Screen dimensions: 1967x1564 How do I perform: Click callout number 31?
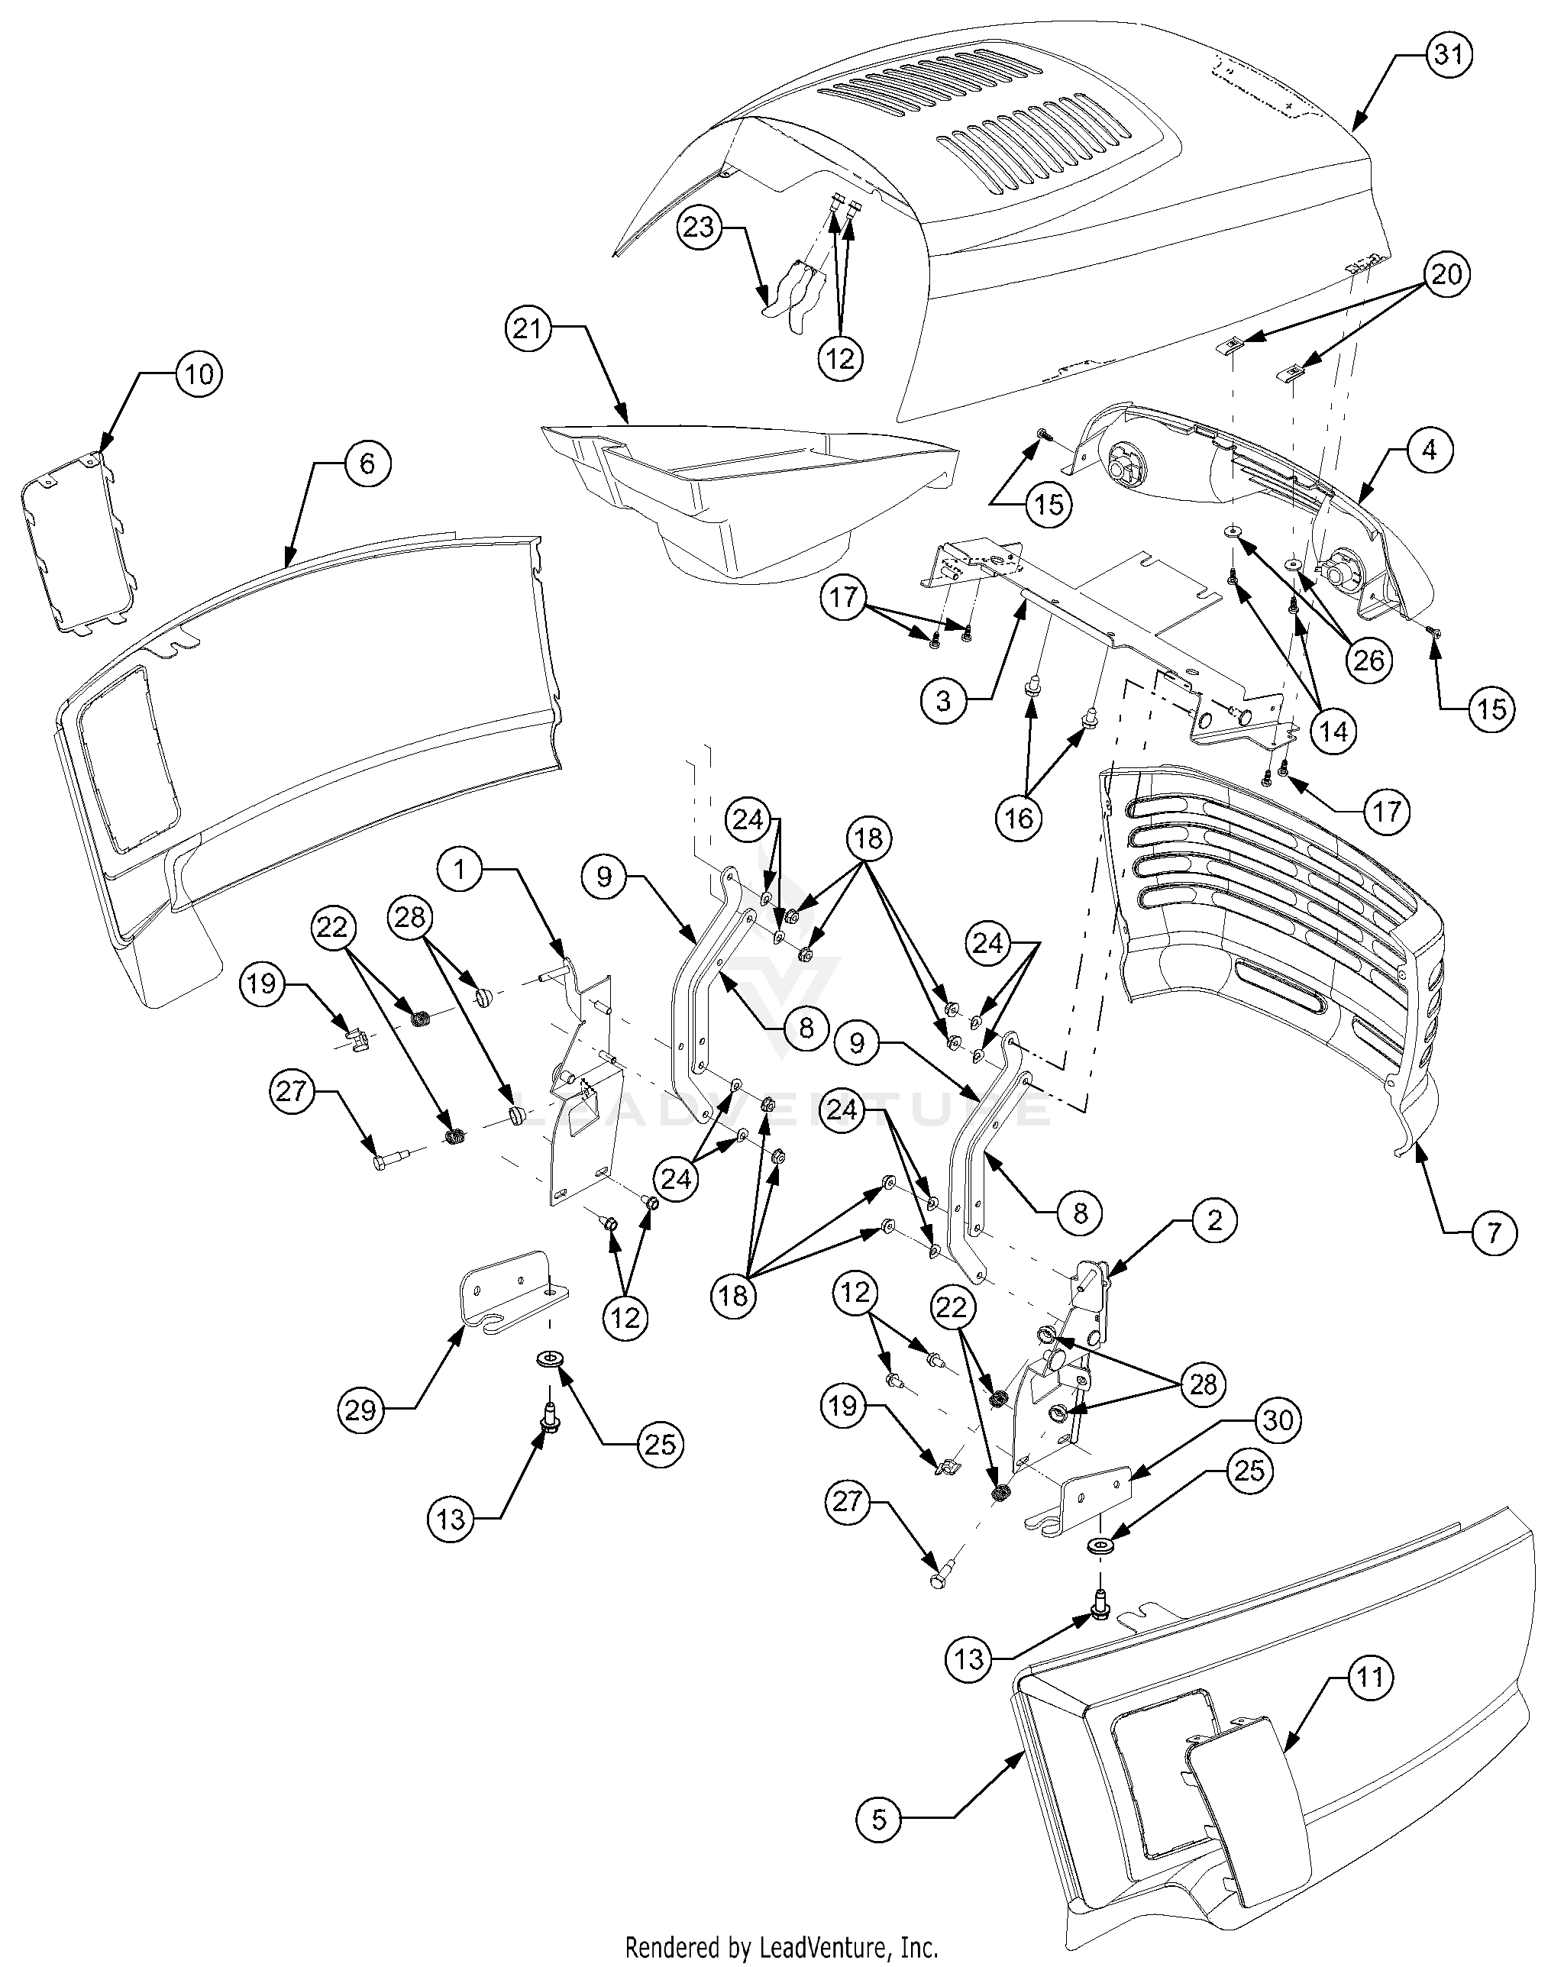pos(1448,55)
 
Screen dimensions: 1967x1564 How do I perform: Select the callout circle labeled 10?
pos(199,374)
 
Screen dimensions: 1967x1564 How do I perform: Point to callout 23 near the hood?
pos(699,228)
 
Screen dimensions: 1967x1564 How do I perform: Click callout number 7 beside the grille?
pos(1493,1232)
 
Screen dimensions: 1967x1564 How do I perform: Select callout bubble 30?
pos(1278,1420)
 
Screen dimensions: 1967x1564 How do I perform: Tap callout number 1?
pos(460,870)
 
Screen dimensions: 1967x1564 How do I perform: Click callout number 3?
pos(942,701)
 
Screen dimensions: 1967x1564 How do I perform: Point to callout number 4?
pos(1429,450)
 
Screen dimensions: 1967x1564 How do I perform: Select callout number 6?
pos(367,463)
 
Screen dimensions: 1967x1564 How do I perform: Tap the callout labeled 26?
pos(1368,660)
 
